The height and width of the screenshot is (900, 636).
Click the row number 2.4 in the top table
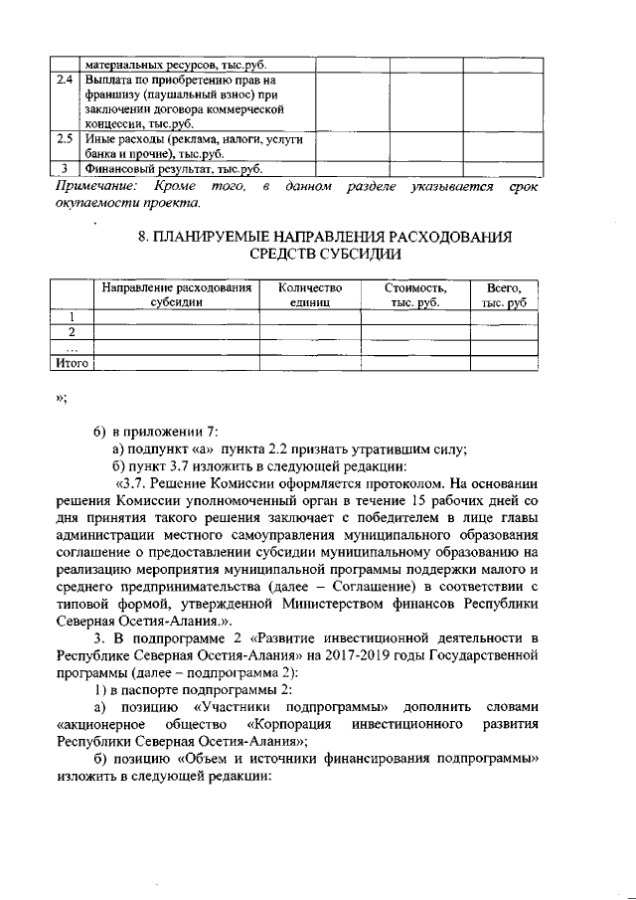[x=65, y=79]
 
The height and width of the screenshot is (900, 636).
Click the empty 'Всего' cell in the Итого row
[x=503, y=364]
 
